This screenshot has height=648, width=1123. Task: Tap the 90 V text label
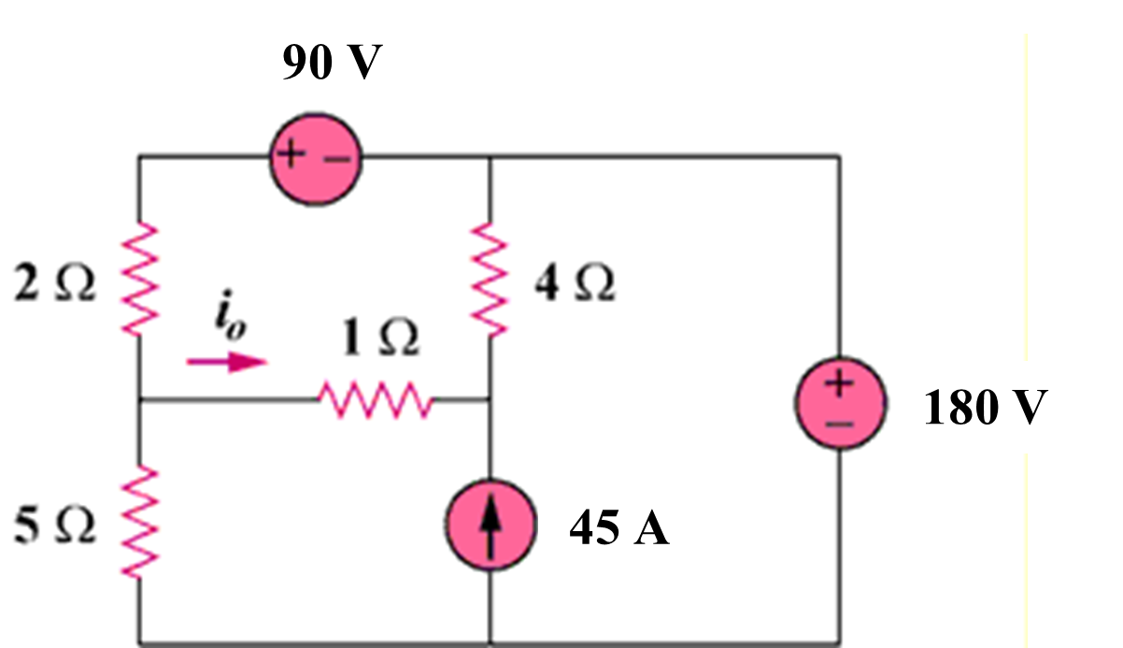[332, 64]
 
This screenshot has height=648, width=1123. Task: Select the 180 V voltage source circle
[838, 403]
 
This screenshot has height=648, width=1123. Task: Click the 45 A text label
[619, 529]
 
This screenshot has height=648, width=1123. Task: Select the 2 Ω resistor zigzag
[139, 279]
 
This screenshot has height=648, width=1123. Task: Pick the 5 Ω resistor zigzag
[139, 521]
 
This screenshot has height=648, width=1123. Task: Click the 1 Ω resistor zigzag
[374, 402]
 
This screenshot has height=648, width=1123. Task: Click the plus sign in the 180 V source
[838, 382]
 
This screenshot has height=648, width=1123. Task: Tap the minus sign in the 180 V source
[838, 426]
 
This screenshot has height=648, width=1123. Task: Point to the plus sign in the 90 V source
[291, 158]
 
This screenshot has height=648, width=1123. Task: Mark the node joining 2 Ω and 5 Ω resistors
[139, 402]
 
